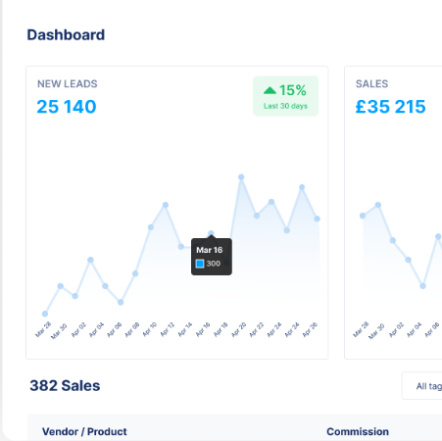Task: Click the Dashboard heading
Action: (66, 35)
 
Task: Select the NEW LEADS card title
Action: (68, 84)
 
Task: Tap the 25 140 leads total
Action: (67, 107)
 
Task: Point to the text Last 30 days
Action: (285, 106)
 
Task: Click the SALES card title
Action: (371, 84)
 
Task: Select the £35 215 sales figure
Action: (390, 107)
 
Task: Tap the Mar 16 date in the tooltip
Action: (209, 250)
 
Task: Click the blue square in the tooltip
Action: (200, 264)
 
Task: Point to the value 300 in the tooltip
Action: (214, 264)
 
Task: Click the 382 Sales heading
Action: (65, 385)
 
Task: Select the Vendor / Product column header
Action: (84, 431)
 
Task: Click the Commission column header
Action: (358, 431)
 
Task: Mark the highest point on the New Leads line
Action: (241, 177)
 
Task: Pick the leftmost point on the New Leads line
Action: (45, 314)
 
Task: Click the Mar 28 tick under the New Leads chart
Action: (44, 329)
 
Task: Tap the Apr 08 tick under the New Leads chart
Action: (135, 329)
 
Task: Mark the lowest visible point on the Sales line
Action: (423, 286)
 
